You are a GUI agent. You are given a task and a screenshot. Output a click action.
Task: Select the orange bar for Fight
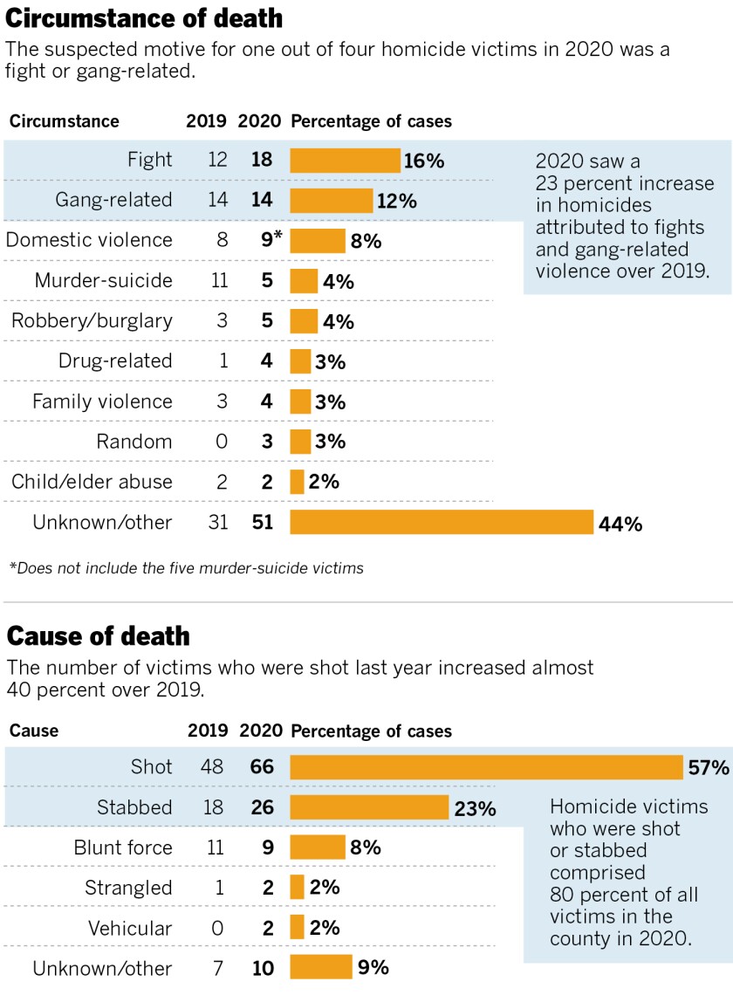[345, 161]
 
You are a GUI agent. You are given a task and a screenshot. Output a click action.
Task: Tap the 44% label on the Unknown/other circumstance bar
[620, 524]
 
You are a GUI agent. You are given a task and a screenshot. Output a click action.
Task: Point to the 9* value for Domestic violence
[271, 240]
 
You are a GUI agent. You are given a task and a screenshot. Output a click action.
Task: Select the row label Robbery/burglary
[92, 321]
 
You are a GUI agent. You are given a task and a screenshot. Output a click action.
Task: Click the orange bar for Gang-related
[331, 201]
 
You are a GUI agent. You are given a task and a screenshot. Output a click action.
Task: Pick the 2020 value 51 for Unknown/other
[262, 524]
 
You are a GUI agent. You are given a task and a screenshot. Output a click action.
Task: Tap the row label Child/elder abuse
[92, 482]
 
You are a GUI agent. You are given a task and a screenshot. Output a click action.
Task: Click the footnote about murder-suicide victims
[186, 568]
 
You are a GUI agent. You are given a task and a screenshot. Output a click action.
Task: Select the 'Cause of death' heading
[98, 636]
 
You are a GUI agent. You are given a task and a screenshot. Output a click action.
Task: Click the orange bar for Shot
[485, 768]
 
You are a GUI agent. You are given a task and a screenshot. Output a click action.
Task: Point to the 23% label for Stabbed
[475, 809]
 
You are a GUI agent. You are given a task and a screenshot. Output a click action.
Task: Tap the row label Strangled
[128, 889]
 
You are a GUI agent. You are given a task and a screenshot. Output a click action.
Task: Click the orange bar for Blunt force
[318, 847]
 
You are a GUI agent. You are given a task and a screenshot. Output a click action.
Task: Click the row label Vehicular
[130, 929]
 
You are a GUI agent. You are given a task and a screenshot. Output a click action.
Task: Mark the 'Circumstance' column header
[64, 121]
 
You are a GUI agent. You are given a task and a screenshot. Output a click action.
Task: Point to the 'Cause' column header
[34, 731]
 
